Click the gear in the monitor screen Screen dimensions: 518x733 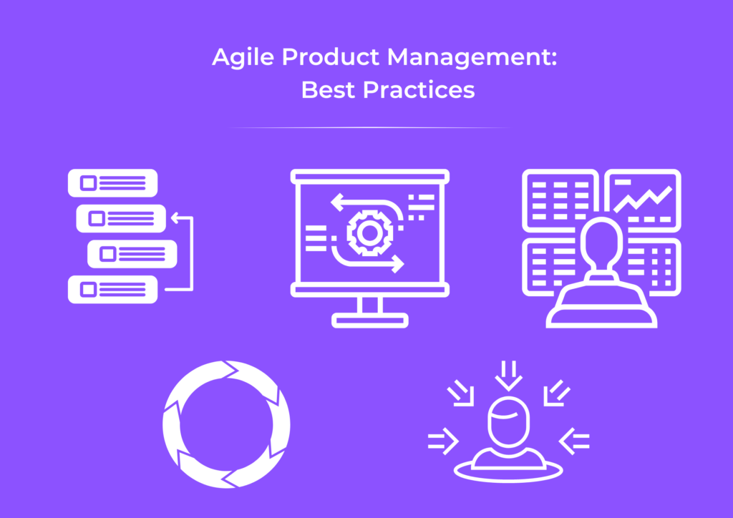click(366, 232)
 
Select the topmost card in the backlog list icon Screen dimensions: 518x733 click(112, 183)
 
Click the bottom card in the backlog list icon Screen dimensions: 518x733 click(112, 289)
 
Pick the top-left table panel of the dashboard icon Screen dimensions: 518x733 click(560, 197)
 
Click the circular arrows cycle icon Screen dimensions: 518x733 click(226, 424)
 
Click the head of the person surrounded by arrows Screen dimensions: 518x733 click(508, 422)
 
